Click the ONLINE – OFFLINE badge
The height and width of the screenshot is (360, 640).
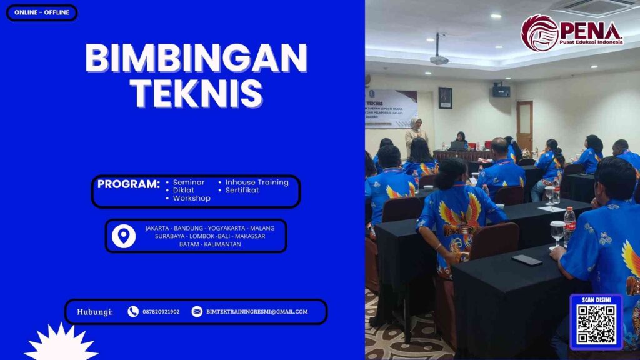coord(42,12)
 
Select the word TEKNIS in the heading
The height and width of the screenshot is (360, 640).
coord(196,94)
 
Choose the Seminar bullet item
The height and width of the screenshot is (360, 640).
coord(188,182)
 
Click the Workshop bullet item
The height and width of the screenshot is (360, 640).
coord(191,198)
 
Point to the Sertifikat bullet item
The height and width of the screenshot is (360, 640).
coord(242,190)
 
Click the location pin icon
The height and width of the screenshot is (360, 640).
coord(124,236)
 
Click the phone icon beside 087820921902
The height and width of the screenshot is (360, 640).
coord(133,311)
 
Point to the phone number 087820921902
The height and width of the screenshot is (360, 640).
coord(161,312)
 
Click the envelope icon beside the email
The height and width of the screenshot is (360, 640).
coord(197,311)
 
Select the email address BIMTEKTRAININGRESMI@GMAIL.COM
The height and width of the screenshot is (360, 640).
coord(257,312)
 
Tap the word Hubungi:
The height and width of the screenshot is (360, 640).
coord(95,312)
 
